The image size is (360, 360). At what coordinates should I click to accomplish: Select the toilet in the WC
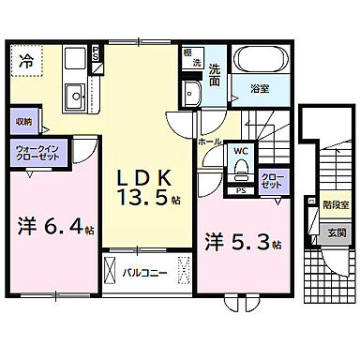coord(239,170)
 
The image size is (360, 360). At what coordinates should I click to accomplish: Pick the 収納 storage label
coord(23,123)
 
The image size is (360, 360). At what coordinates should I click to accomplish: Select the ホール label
coord(208,141)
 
